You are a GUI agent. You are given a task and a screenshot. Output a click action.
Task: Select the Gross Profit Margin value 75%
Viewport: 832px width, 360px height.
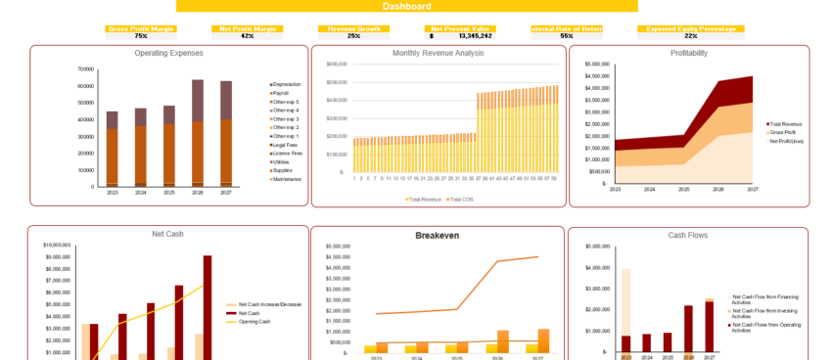click(x=141, y=36)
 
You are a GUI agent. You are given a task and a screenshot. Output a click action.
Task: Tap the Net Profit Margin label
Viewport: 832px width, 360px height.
click(x=247, y=29)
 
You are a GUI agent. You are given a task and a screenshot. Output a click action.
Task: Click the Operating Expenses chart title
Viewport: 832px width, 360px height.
click(x=168, y=53)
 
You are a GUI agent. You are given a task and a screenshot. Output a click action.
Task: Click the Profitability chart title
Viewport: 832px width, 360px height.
click(x=689, y=53)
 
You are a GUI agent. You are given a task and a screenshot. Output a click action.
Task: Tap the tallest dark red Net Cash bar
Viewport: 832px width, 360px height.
click(x=208, y=307)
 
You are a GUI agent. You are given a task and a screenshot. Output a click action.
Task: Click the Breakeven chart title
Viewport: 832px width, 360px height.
click(x=437, y=236)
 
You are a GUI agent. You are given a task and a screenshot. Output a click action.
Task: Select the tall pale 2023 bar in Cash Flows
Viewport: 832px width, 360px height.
click(x=625, y=303)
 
